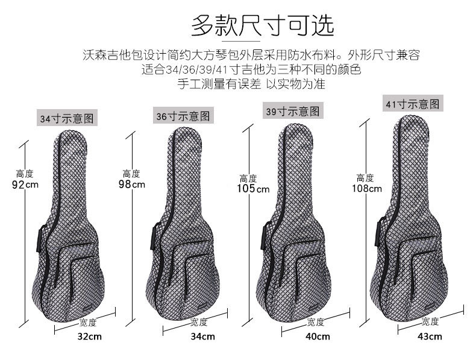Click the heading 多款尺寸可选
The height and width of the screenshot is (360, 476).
coord(262,26)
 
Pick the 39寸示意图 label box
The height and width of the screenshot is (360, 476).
coord(293,111)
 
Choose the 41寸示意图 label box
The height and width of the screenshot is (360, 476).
coord(413,104)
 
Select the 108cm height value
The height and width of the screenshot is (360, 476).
coord(367,188)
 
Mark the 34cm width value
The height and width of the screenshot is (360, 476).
coord(202,336)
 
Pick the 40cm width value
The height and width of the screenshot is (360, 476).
coord(318,336)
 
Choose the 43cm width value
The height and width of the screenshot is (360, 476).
coord(430,336)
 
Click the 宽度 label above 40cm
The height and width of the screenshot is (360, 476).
coord(315,321)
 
